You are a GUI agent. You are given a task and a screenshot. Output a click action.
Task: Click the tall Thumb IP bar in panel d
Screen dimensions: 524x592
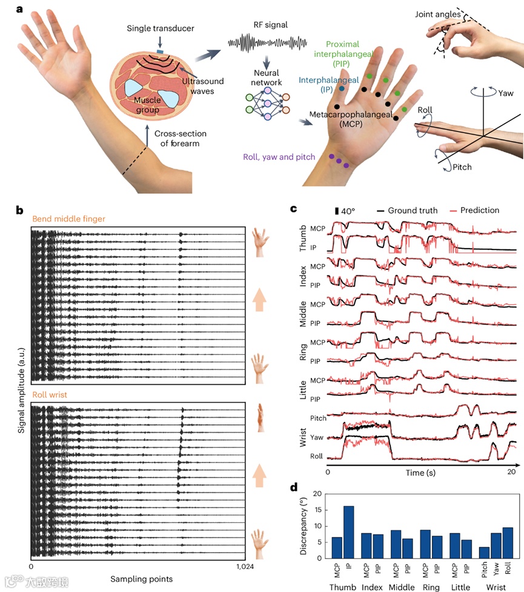pos(349,531)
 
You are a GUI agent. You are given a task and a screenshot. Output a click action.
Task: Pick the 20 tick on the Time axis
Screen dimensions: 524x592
pos(512,472)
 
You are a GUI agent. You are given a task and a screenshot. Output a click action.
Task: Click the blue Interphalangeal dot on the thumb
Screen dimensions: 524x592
pos(342,89)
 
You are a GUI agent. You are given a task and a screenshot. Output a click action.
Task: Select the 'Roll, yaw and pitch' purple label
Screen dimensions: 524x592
pos(279,157)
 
